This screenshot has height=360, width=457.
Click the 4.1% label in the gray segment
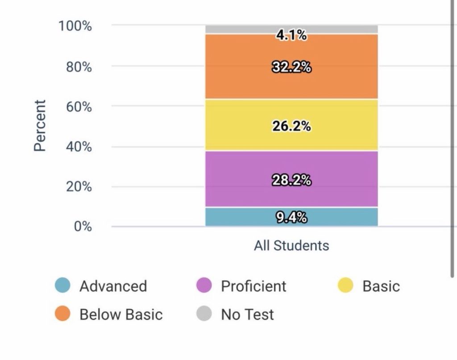coord(291,35)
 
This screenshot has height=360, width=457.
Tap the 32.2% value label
coord(291,67)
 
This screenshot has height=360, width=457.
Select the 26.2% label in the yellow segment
coord(291,126)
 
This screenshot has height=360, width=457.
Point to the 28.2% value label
coord(291,180)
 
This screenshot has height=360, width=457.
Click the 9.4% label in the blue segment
coord(291,217)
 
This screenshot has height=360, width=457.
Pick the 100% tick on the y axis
coord(75,26)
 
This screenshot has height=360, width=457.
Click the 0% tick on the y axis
coord(83,227)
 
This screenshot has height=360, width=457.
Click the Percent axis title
coord(40,125)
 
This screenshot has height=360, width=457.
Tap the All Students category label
coord(291,245)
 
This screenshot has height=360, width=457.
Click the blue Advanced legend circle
coord(62,286)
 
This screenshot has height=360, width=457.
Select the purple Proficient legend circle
coord(204,286)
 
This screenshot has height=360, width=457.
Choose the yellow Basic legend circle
coord(345,286)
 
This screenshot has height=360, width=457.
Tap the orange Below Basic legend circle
coord(62,314)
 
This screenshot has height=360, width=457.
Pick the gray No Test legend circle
coord(204,314)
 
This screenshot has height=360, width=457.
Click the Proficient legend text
coord(253,286)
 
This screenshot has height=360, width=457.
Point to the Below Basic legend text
coord(121,314)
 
